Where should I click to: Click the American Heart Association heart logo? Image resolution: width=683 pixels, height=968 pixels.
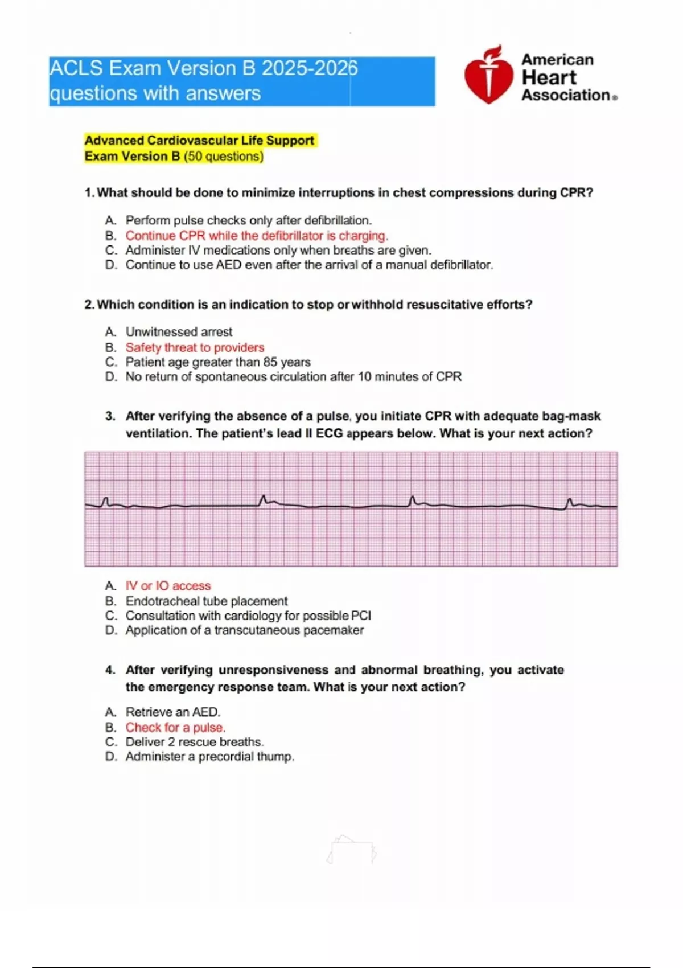coord(488,75)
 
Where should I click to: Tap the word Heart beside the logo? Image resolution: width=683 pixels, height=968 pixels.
coord(549,77)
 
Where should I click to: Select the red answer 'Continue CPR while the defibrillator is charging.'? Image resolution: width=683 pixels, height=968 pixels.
coord(257,236)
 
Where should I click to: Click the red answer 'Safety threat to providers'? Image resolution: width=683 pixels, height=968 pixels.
coord(195,347)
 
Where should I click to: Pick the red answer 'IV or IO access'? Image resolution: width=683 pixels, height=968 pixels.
coord(168,585)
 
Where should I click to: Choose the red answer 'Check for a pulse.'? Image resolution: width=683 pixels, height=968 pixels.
coord(175,727)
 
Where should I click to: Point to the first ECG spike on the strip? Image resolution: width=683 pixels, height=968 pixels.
coord(105,502)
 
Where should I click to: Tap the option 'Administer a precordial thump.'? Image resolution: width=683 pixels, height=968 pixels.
coord(209,757)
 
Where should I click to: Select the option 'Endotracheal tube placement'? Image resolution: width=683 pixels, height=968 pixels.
coord(207,601)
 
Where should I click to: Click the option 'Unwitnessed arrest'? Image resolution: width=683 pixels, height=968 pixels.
coord(179,331)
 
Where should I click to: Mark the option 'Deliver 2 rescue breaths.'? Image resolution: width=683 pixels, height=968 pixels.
coord(195,742)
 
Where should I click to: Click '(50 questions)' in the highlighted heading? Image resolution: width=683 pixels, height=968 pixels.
coord(224,157)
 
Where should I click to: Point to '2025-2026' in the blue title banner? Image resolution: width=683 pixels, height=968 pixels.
coord(310,68)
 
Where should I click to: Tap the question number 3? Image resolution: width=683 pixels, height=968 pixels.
coord(110,416)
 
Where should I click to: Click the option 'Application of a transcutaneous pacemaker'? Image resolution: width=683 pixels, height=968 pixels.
coord(245,630)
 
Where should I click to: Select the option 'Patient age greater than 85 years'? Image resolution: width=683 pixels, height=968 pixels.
coord(218,362)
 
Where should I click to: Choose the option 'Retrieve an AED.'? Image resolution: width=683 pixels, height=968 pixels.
coord(172,712)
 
